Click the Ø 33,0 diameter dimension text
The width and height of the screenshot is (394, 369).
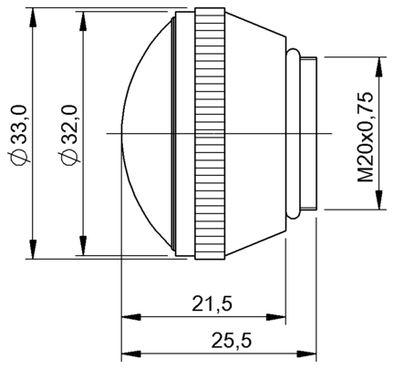tap(19, 134)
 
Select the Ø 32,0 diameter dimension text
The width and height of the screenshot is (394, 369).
tap(69, 134)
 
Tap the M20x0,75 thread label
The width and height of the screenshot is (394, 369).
tap(366, 136)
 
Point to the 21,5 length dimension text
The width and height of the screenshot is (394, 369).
tap(212, 303)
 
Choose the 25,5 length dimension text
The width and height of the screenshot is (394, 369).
tap(232, 340)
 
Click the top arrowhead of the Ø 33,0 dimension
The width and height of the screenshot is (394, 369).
tap(33, 17)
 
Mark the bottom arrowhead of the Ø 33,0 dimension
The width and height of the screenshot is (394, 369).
tap(33, 250)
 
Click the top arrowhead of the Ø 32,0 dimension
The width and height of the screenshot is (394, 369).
tap(82, 21)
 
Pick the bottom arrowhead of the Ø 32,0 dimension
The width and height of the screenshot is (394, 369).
tap(82, 246)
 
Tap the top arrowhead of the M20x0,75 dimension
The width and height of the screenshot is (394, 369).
tap(378, 67)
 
